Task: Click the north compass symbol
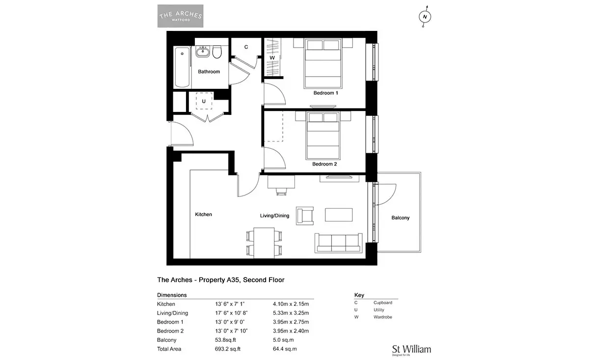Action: click(425, 17)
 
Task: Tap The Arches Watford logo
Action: click(181, 16)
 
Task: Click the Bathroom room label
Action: click(209, 72)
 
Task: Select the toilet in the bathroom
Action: click(217, 52)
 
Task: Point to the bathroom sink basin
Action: click(202, 52)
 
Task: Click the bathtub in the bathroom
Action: click(182, 67)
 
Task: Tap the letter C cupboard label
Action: click(246, 47)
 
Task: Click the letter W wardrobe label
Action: click(272, 57)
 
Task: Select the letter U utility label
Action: click(204, 101)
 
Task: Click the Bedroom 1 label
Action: click(325, 93)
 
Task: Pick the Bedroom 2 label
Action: click(324, 164)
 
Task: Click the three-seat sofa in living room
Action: click(338, 243)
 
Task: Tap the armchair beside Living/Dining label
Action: click(305, 216)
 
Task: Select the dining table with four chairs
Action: click(264, 243)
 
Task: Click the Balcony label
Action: click(401, 218)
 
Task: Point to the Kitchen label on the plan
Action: click(203, 215)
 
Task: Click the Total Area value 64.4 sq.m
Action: click(285, 349)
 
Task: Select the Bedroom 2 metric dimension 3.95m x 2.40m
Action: click(291, 331)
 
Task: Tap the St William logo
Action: click(411, 350)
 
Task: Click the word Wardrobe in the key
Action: click(382, 317)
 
